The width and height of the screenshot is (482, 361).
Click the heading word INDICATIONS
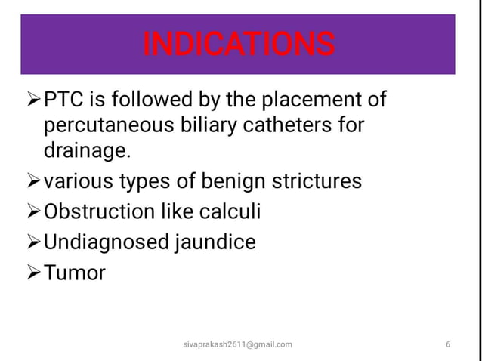[238, 44]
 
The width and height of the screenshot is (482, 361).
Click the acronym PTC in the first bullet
[63, 100]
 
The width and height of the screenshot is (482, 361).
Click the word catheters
[279, 125]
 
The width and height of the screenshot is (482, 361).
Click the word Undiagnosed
[96, 242]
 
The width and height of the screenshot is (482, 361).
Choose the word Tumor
[75, 273]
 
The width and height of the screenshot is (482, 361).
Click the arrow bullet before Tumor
[34, 273]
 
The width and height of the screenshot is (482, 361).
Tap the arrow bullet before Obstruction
[34, 212]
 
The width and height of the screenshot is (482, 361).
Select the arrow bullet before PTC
[34, 100]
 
